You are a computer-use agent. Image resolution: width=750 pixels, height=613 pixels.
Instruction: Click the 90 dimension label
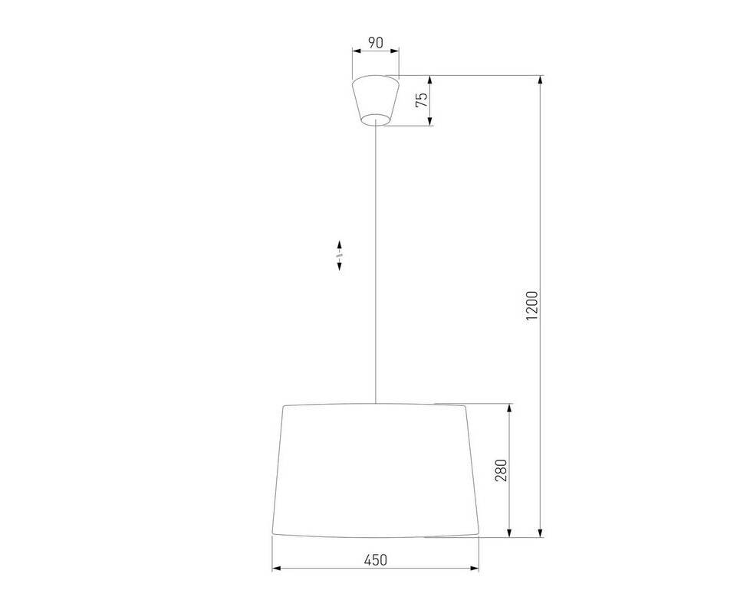coord(376,42)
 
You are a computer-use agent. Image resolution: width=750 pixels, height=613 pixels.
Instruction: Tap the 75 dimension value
coord(422,100)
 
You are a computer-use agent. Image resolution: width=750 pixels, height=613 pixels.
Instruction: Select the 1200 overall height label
coord(532,306)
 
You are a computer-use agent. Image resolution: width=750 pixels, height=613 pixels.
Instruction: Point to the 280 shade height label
coord(501,470)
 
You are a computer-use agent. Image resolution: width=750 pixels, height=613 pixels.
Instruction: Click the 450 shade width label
coord(376,559)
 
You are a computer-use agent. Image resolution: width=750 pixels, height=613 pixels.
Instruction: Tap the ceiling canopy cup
coord(376,100)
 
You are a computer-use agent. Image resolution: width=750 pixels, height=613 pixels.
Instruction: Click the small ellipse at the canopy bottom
coord(376,120)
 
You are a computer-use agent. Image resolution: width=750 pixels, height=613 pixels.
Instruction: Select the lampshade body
coord(376,470)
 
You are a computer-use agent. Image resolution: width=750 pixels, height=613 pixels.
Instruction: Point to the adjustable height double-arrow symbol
coord(339,255)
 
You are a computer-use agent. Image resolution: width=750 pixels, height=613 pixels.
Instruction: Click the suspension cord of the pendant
coord(376,262)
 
